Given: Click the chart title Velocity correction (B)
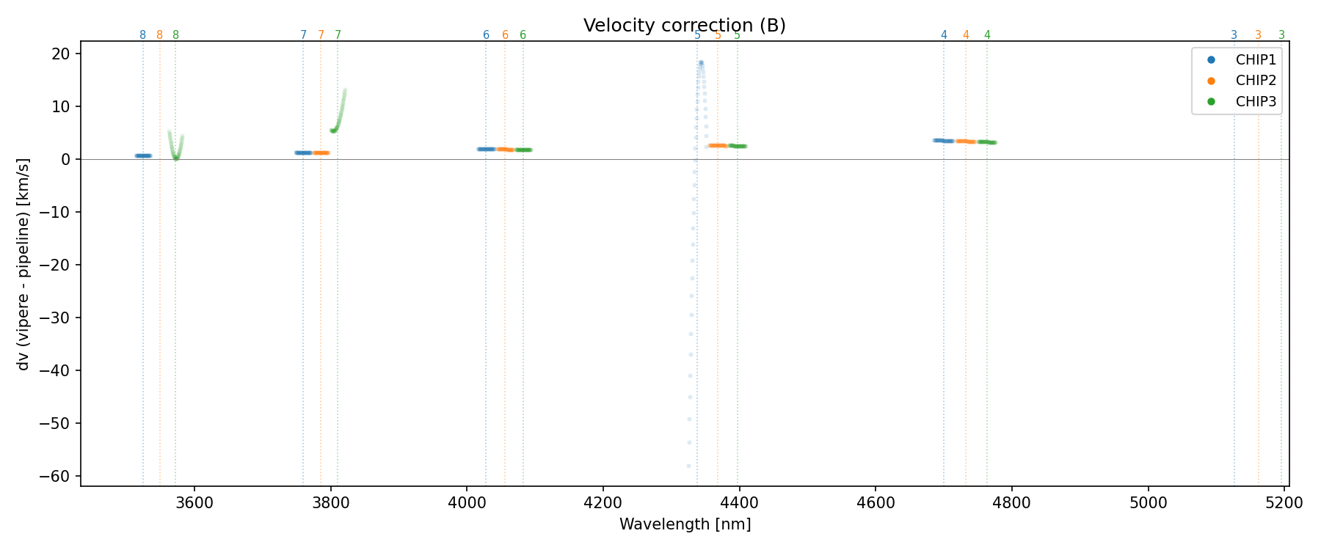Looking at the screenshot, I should point(684,26).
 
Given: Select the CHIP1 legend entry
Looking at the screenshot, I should point(1256,60).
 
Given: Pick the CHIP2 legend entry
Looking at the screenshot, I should point(1256,81).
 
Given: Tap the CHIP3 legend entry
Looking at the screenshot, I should point(1256,102).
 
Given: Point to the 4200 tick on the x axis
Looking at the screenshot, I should point(603,503).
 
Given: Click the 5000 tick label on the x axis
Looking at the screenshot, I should point(1149,503).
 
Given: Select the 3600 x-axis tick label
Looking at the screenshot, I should point(194,503).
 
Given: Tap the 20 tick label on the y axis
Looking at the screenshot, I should point(61,54).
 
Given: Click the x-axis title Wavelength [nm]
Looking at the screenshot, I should point(685,524).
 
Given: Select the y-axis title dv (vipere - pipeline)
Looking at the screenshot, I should point(23,263).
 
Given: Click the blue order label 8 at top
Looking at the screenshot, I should point(142,35).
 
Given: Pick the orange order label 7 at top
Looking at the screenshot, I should point(321,35).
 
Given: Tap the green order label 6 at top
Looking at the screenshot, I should point(523,35).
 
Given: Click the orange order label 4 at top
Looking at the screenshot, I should point(966,35).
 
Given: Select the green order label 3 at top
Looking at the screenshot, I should point(1281,35).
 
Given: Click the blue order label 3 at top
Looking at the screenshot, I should point(1234,35).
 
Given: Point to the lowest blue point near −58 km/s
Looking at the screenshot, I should point(688,466).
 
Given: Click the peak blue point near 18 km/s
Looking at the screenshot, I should point(701,63).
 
